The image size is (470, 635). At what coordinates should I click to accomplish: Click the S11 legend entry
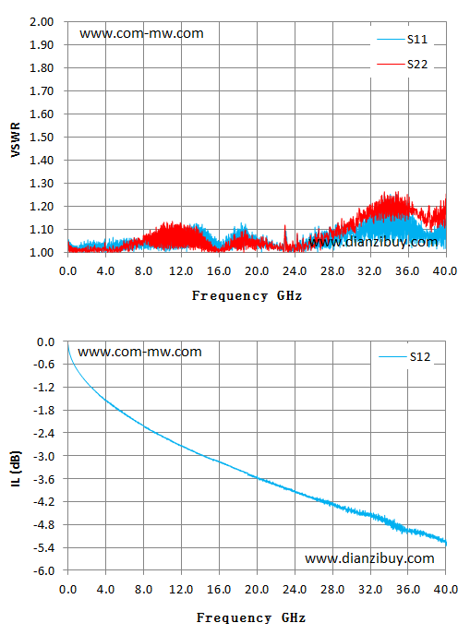402,40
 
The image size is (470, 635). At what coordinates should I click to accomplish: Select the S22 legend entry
402,65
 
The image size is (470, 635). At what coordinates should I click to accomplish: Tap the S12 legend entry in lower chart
404,357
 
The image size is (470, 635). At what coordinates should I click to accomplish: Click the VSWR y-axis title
16,139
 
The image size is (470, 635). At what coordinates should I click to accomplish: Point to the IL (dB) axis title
16,468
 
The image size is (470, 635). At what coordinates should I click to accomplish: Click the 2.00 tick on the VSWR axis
42,21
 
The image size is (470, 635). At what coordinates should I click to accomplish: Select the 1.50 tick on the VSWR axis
42,138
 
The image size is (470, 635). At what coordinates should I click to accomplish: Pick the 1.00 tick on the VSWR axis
42,252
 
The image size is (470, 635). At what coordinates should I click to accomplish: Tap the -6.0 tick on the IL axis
43,570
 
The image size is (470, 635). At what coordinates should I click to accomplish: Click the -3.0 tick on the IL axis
43,456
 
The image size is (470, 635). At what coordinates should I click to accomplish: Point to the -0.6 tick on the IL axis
43,364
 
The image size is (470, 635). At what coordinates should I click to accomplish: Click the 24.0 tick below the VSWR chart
295,271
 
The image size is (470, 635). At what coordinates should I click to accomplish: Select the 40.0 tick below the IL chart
446,589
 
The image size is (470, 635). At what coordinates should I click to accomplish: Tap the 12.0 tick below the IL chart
181,589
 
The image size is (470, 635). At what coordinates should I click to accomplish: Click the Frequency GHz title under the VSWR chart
247,296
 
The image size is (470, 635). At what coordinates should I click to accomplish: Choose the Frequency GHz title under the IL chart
251,618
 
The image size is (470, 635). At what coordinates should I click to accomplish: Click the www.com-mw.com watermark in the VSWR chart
141,33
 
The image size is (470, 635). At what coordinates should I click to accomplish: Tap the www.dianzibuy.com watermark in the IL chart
369,558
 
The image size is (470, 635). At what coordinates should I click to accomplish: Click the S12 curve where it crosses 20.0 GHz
257,478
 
